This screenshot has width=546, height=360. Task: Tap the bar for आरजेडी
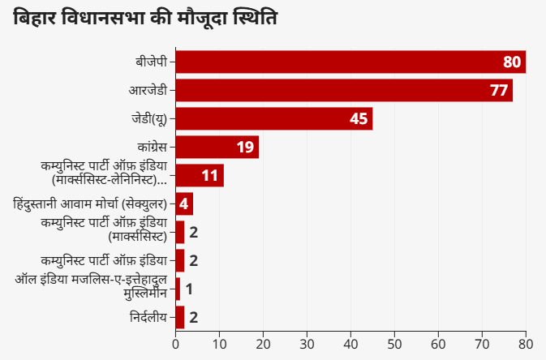coord(344,90)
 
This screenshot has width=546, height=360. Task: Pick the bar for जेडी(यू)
coord(274,118)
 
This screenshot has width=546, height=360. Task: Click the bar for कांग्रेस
coord(217,147)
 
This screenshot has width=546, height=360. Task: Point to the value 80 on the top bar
coord(511,62)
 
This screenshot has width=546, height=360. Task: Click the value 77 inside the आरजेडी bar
coord(498,91)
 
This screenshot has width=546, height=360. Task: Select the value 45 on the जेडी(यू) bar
coord(359,119)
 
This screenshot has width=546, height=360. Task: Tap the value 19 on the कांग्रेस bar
coord(245,148)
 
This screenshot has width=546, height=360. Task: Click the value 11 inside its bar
coord(209,176)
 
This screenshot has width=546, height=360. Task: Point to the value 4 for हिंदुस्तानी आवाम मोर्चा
coord(183,204)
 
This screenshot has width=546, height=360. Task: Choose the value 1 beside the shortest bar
coord(188,289)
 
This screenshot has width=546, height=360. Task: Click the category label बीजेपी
coord(152,62)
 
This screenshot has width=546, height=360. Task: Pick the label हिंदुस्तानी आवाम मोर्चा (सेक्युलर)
coord(91,204)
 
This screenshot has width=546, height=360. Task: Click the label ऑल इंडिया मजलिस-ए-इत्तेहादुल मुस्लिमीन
coord(91,288)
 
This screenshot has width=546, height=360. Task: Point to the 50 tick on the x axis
coord(394,343)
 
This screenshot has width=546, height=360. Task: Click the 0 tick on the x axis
coord(176,343)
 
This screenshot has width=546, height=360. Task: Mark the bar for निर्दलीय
coord(180,317)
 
